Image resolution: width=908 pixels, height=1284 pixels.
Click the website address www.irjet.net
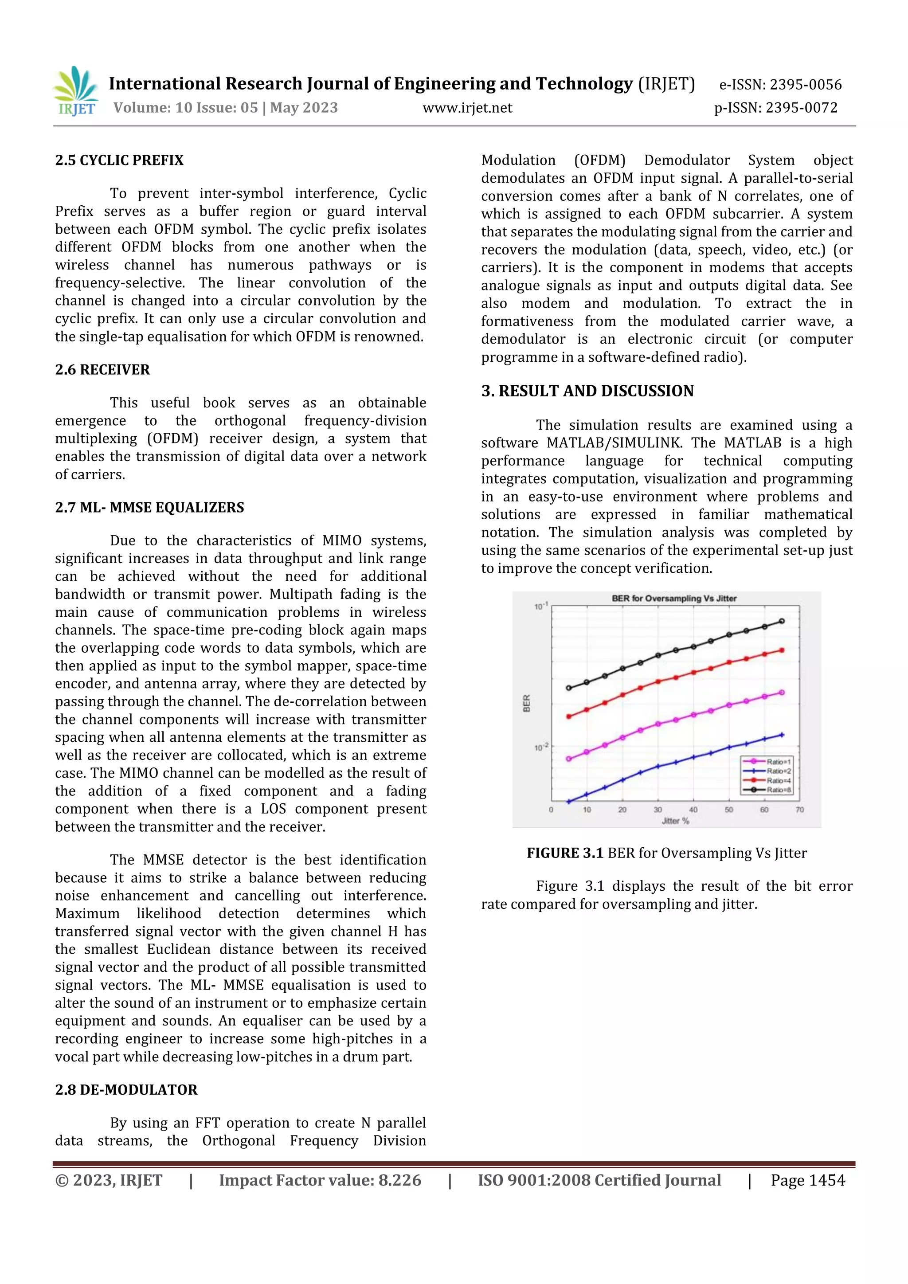[x=467, y=108]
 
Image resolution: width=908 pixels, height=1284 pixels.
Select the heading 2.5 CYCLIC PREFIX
[x=119, y=160]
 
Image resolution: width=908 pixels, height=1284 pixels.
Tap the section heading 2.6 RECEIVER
[x=102, y=370]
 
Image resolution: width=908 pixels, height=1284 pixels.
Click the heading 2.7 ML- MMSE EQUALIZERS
[x=149, y=508]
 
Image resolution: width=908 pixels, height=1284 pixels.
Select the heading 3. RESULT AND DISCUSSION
[x=587, y=391]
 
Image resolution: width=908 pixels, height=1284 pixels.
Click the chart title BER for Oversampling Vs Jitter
[x=674, y=599]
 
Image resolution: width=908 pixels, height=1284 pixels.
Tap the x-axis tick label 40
[x=693, y=810]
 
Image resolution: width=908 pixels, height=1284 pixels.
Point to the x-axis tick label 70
[x=799, y=810]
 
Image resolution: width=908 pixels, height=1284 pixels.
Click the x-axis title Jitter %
[x=675, y=821]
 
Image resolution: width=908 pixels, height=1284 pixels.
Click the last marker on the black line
[x=782, y=621]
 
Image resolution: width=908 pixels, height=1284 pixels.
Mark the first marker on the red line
[x=569, y=716]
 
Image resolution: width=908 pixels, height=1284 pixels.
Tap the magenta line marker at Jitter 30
[x=658, y=724]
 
